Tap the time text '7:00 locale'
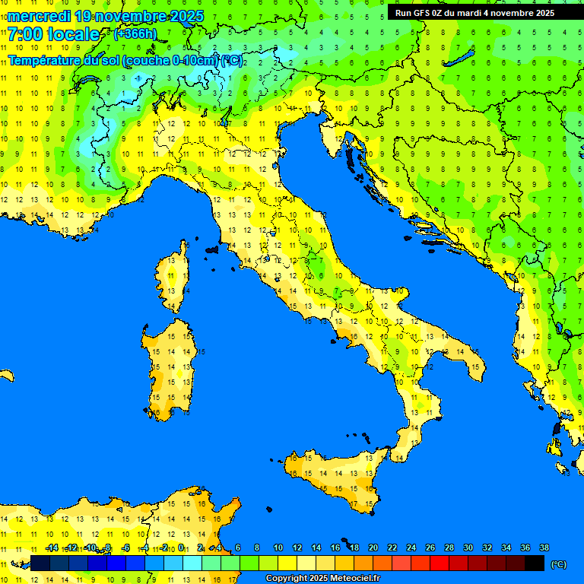pyautogui.click(x=53, y=34)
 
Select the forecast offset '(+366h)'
pyautogui.click(x=135, y=34)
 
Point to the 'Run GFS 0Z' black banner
pyautogui.click(x=474, y=12)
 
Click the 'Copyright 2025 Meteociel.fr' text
pyautogui.click(x=322, y=578)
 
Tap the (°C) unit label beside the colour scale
pyautogui.click(x=558, y=564)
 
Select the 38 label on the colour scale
pyautogui.click(x=544, y=547)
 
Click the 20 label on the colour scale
pyautogui.click(x=373, y=547)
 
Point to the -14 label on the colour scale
pyautogui.click(x=51, y=547)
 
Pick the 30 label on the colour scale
pyautogui.click(x=468, y=547)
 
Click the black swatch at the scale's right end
pyautogui.click(x=535, y=563)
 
